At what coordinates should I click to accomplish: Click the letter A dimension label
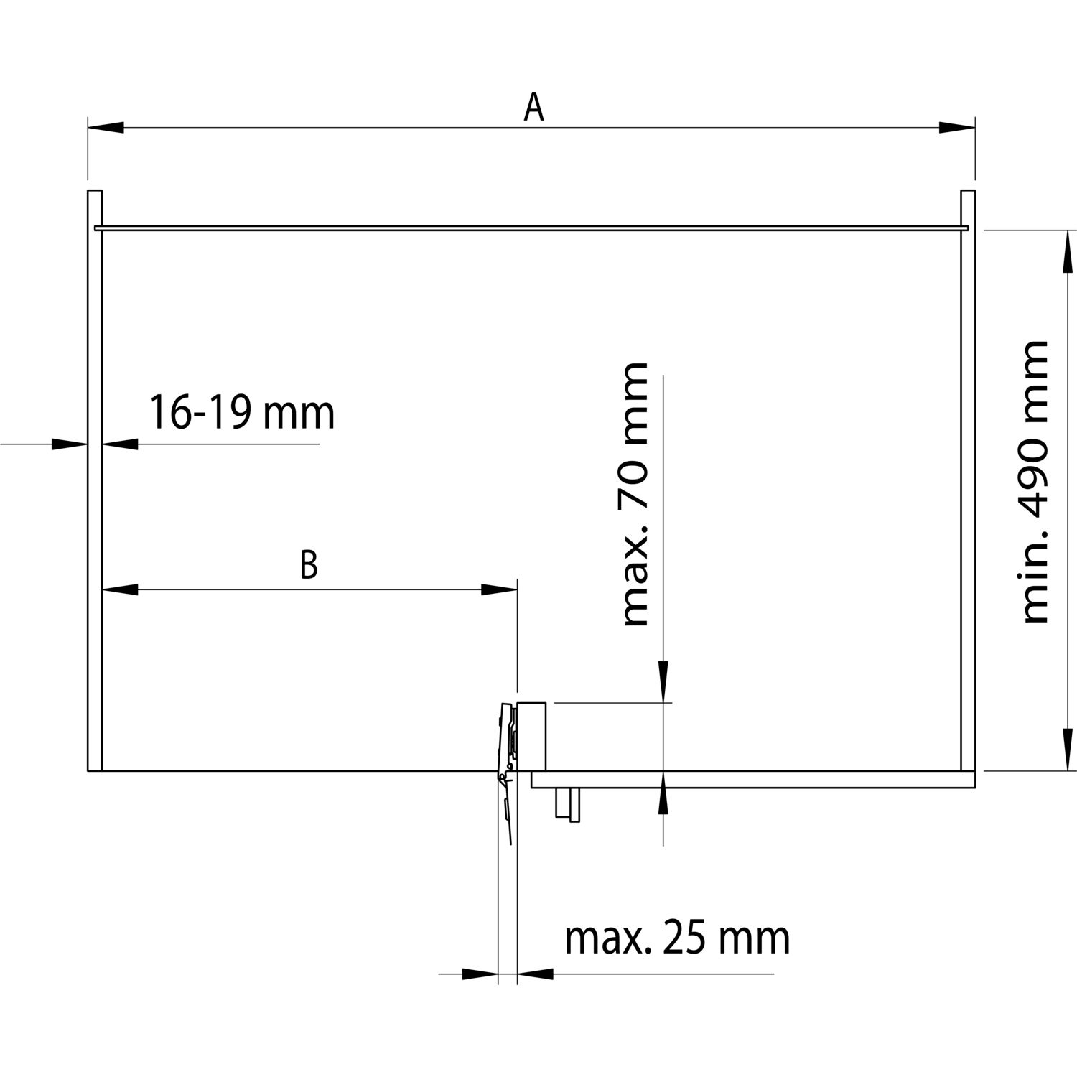tap(533, 108)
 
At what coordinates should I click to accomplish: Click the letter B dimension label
tap(309, 564)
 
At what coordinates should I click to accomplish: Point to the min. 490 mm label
tap(1035, 482)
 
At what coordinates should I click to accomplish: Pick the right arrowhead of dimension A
tap(957, 128)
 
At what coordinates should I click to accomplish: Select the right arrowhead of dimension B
tap(499, 589)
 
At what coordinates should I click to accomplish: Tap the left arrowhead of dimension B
tap(120, 589)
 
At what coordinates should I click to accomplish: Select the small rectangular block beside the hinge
tap(532, 735)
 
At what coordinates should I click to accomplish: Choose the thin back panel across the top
tap(531, 228)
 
